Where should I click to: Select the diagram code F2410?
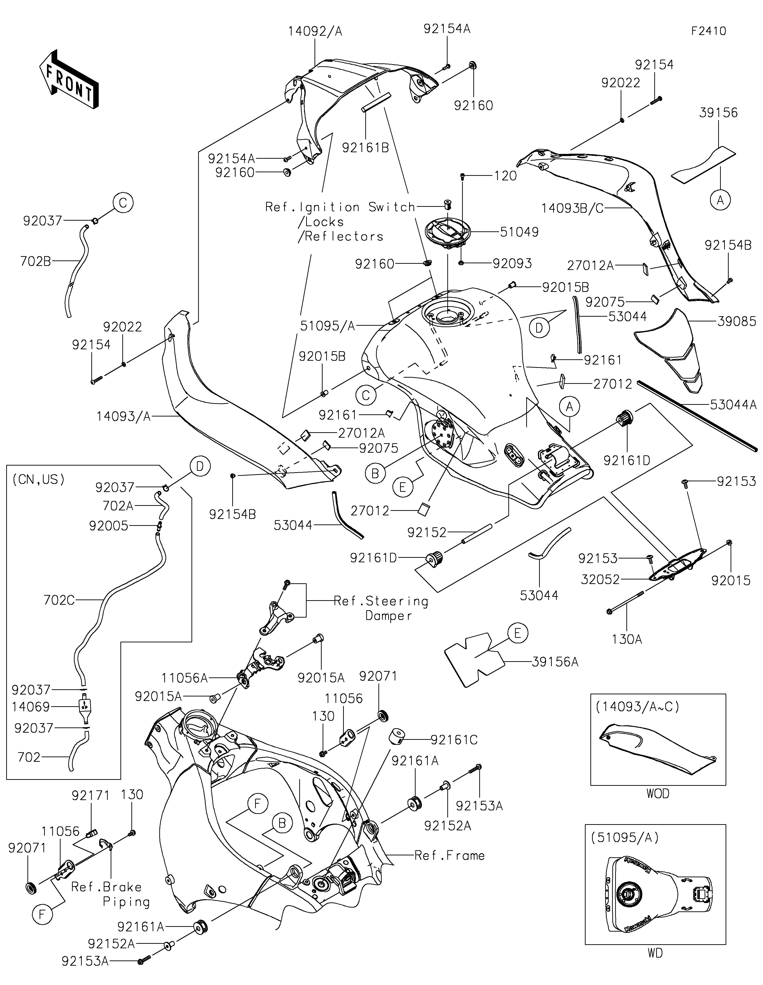708,31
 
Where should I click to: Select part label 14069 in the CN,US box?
31,707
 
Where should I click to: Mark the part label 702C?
59,600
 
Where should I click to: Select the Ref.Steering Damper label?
381,608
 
